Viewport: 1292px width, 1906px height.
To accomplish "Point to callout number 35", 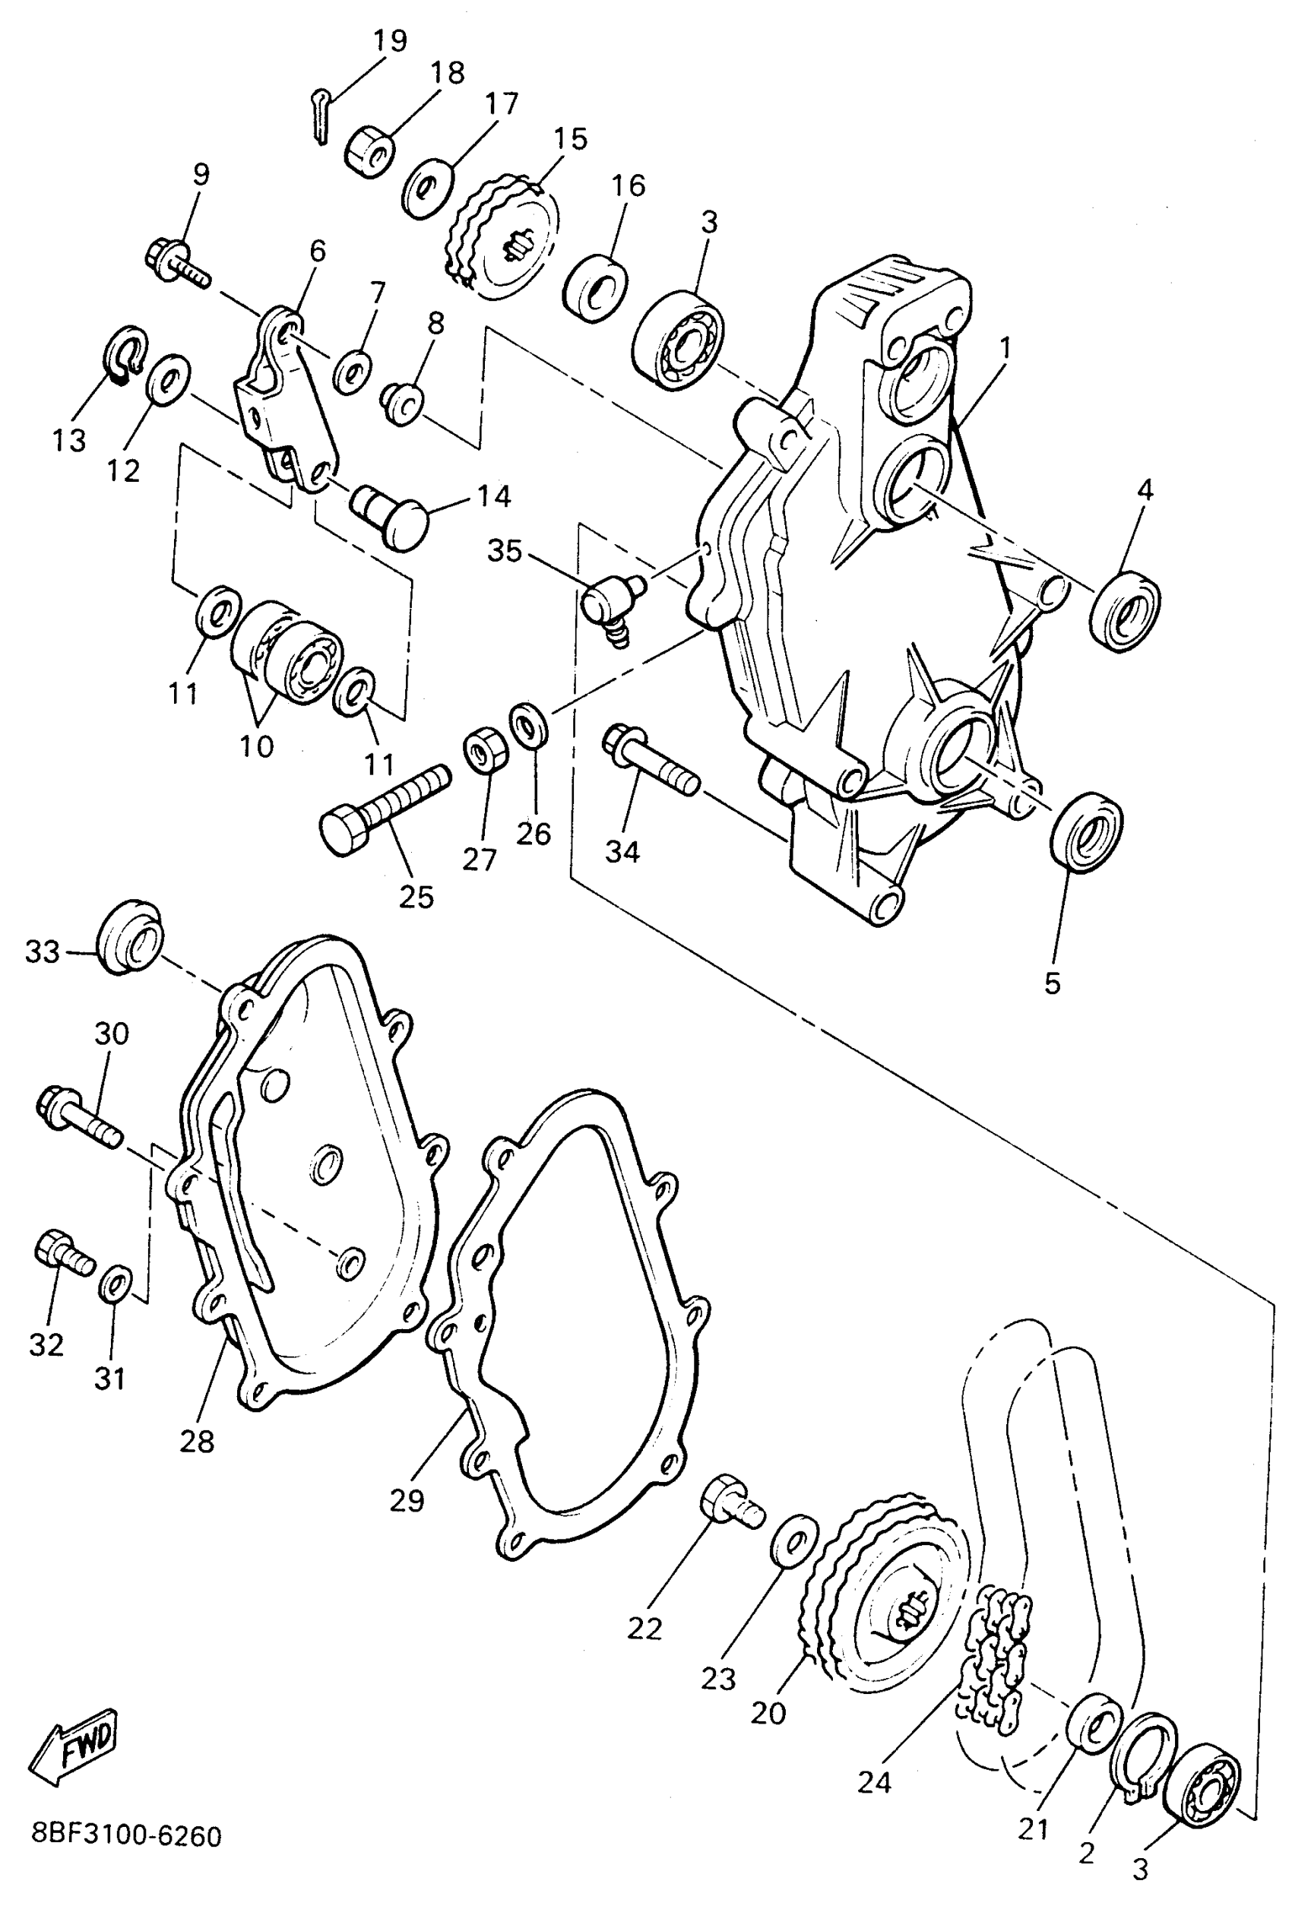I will click(x=505, y=551).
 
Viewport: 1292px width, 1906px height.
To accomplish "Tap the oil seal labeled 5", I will click(x=1087, y=831).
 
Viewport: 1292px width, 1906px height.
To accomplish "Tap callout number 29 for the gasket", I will click(x=407, y=1500).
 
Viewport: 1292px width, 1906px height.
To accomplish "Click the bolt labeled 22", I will click(x=731, y=1500).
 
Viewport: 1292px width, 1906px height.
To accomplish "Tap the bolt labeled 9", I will click(x=177, y=260).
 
